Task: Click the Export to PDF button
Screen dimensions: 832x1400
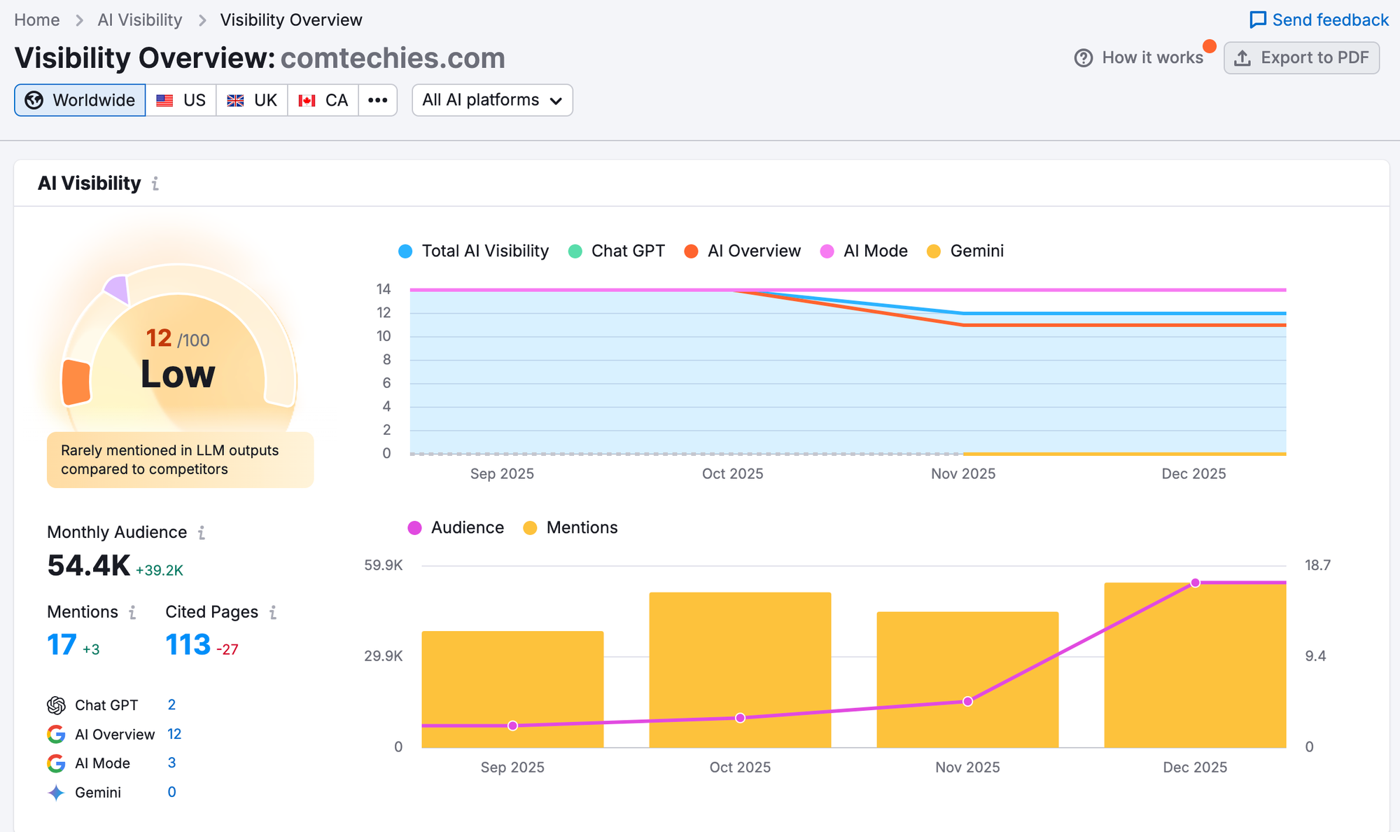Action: (x=1301, y=57)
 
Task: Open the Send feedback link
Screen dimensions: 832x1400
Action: (x=1319, y=20)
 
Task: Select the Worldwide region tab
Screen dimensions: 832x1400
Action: (x=80, y=100)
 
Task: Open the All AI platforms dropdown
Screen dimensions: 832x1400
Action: (x=492, y=100)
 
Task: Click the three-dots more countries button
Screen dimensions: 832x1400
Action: (x=378, y=100)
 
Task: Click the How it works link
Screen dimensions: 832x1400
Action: (x=1140, y=57)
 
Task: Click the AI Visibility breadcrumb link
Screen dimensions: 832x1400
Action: (x=140, y=20)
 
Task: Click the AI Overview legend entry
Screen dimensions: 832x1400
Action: (x=743, y=251)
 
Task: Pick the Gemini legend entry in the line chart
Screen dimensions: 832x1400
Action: (x=965, y=251)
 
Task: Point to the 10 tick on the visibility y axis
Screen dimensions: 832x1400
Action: (x=384, y=336)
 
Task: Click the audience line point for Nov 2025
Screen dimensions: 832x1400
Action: (x=967, y=701)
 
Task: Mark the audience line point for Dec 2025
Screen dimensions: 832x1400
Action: (x=1195, y=583)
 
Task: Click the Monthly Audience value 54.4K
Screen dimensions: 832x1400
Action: (x=89, y=566)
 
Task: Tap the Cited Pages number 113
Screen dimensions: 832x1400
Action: (x=188, y=644)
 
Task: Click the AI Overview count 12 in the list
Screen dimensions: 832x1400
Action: (x=174, y=734)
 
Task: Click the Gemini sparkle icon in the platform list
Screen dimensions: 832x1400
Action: (x=56, y=793)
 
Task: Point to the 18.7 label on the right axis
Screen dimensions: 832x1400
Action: (x=1317, y=565)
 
